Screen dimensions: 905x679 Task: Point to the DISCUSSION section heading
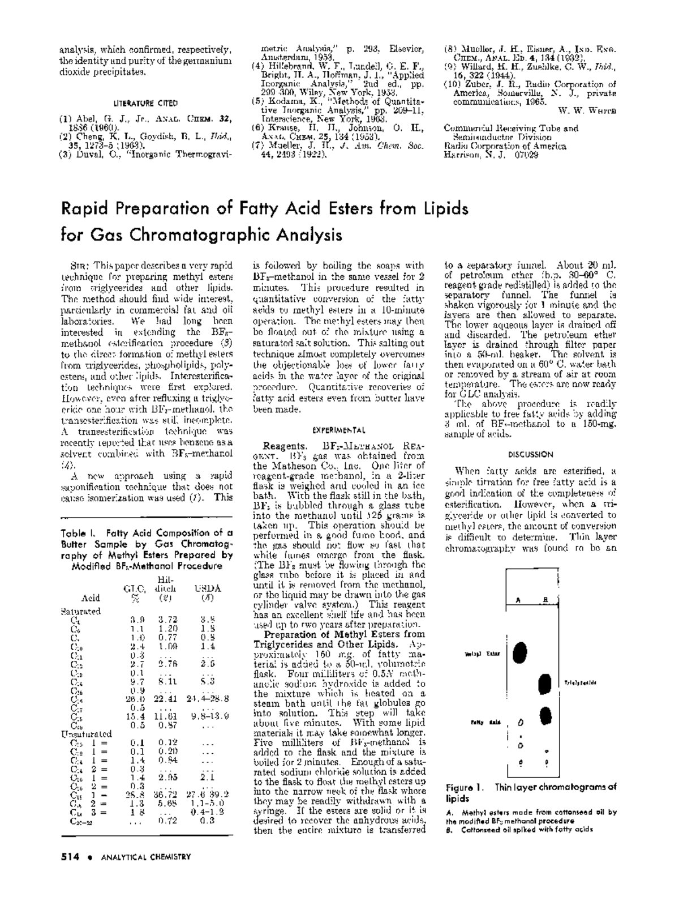(530, 454)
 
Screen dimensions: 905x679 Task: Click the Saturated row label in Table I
(80, 612)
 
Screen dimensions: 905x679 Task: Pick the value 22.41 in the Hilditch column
(168, 698)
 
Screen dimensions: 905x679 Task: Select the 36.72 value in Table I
(168, 794)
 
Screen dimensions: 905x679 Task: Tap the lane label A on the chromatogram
(518, 600)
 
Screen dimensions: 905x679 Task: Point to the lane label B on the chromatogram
(545, 600)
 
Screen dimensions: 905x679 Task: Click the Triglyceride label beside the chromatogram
(580, 683)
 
